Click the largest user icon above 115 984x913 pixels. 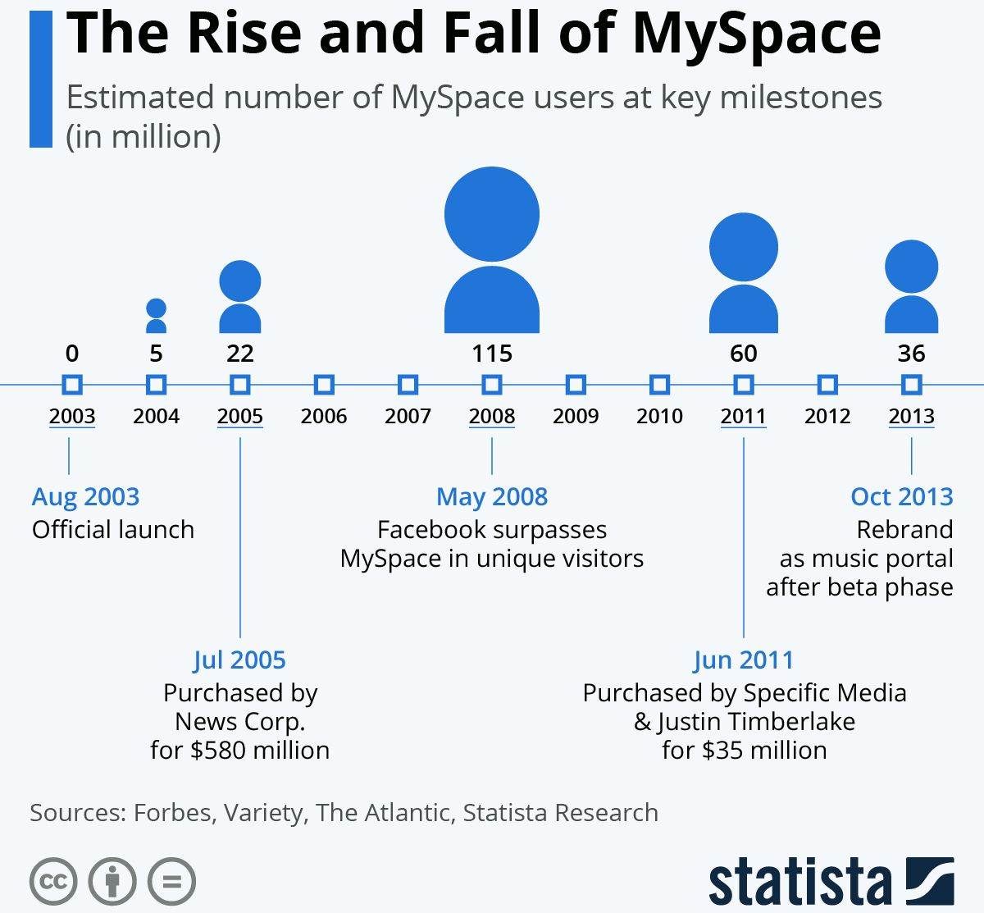pyautogui.click(x=492, y=250)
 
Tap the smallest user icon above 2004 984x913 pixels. pyautogui.click(x=156, y=317)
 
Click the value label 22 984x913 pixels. pyautogui.click(x=239, y=354)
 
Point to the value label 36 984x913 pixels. pyautogui.click(x=911, y=354)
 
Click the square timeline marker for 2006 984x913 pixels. pyautogui.click(x=324, y=385)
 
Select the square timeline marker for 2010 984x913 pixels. pyautogui.click(x=659, y=385)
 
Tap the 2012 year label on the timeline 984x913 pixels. pyautogui.click(x=827, y=416)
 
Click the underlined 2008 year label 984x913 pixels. pyautogui.click(x=492, y=416)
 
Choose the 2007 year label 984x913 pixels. pyautogui.click(x=408, y=416)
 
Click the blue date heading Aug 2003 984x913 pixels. pyautogui.click(x=86, y=496)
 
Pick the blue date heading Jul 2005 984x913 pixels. pyautogui.click(x=239, y=660)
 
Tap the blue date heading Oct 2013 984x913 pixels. pyautogui.click(x=901, y=496)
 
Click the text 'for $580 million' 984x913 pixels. pyautogui.click(x=239, y=750)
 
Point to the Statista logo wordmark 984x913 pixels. pyautogui.click(x=799, y=883)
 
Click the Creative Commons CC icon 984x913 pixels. pyautogui.click(x=53, y=883)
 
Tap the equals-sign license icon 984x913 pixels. pyautogui.click(x=171, y=883)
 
